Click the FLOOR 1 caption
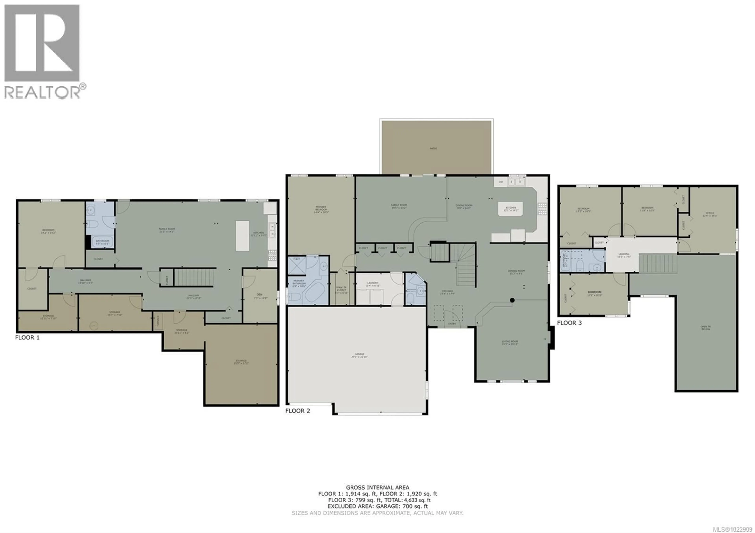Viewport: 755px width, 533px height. click(x=27, y=337)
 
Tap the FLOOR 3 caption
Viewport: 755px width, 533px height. click(x=569, y=323)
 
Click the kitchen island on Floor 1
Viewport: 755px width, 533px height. click(x=242, y=236)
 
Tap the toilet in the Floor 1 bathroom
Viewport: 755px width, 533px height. click(x=92, y=224)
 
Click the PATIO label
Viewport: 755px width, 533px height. click(x=433, y=149)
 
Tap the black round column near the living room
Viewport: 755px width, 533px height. click(x=512, y=300)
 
